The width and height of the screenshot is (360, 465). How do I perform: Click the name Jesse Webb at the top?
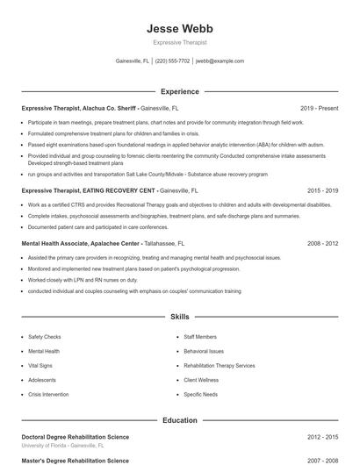click(179, 28)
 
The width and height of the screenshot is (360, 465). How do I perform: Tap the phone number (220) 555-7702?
click(172, 61)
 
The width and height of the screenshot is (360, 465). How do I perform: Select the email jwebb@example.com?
click(220, 61)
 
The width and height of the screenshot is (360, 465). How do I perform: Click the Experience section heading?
click(179, 91)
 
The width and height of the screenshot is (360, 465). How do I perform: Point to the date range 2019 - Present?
click(319, 108)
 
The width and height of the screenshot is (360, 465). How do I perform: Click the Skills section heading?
click(179, 316)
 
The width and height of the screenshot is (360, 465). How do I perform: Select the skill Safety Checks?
click(45, 337)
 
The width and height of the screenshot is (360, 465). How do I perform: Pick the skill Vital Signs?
click(40, 365)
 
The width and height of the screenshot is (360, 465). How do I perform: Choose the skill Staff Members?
click(199, 337)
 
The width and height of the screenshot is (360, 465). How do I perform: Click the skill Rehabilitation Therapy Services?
click(219, 365)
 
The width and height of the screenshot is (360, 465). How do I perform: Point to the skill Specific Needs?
click(200, 394)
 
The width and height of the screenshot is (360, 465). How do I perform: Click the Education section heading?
click(179, 420)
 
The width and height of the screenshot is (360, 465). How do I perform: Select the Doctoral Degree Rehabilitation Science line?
click(75, 436)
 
